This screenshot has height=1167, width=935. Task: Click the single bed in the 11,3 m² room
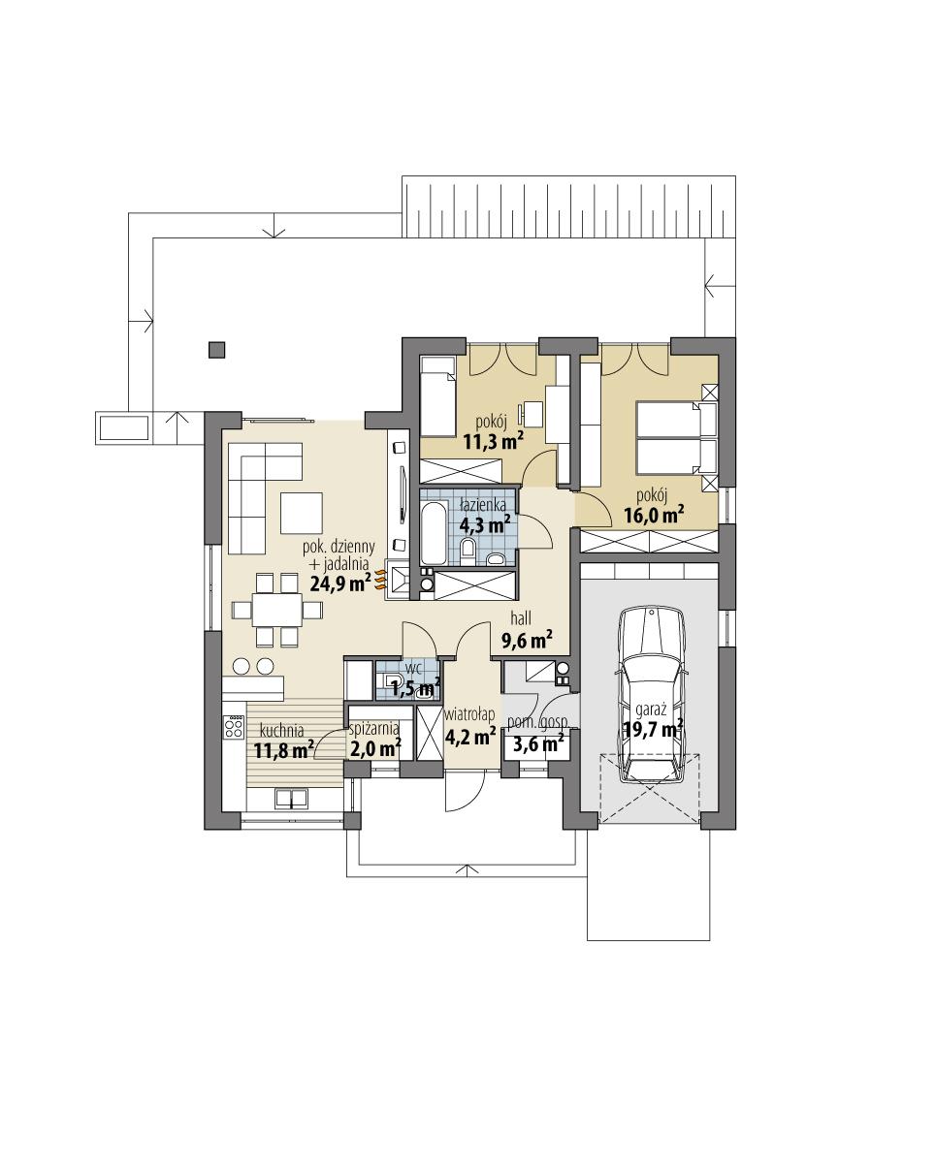[x=436, y=396]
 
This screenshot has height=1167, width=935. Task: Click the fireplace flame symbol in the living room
[x=380, y=579]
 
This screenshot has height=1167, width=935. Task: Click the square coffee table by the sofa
[x=302, y=513]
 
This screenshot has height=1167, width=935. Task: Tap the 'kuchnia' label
[x=281, y=731]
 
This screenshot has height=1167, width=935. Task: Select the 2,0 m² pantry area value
[x=374, y=747]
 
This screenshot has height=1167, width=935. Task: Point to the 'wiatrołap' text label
[x=469, y=714]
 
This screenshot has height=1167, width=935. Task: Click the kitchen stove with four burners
[x=233, y=728]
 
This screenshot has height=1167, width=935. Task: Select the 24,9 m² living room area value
[x=339, y=583]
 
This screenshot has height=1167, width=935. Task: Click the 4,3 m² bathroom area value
[x=485, y=524]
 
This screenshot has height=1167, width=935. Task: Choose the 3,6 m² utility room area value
[x=537, y=744]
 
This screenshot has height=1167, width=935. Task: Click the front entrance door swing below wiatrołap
[x=462, y=793]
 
